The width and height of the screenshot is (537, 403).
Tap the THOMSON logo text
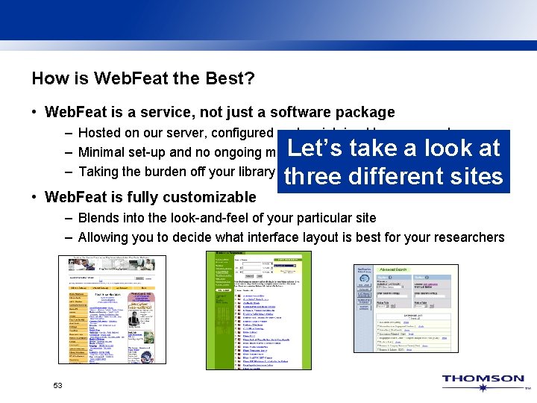coord(483,379)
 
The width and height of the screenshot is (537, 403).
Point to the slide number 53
coord(57,386)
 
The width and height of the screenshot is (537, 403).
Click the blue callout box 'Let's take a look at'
coord(393,149)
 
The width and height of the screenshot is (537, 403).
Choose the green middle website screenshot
coord(258,310)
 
